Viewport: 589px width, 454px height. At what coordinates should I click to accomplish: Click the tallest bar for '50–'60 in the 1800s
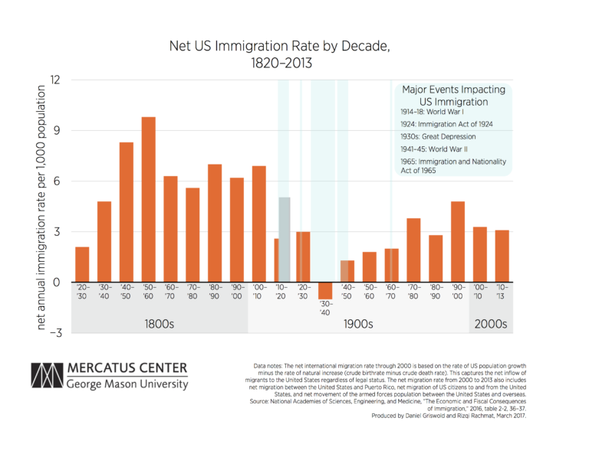[x=149, y=199]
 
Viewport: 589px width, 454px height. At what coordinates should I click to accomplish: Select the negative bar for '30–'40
[x=325, y=291]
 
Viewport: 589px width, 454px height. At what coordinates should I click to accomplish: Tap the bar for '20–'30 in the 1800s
[x=82, y=264]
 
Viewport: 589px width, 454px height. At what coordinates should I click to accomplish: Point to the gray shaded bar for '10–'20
[x=285, y=240]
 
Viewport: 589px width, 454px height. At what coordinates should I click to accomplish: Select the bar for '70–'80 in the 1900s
[x=413, y=250]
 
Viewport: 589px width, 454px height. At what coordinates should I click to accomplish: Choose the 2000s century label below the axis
[x=490, y=324]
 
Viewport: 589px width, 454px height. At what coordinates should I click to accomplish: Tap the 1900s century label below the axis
[x=357, y=324]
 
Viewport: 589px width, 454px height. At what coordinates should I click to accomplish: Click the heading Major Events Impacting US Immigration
[x=453, y=96]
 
